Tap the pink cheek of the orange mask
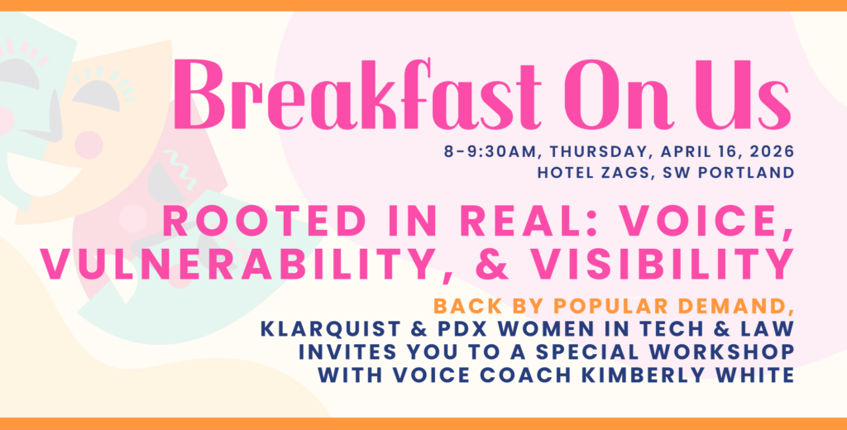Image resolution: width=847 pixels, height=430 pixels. click(89, 145)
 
